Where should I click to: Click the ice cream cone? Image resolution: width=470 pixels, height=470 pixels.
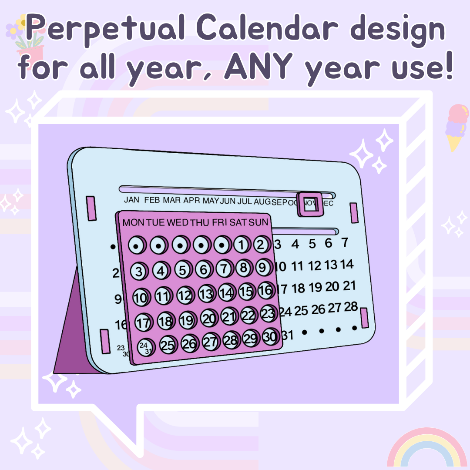click(x=455, y=127)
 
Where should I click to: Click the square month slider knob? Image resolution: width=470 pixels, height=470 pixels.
click(x=309, y=204)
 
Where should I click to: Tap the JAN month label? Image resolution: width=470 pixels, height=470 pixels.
click(x=131, y=200)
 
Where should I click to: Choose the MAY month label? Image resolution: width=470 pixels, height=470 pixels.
click(x=211, y=201)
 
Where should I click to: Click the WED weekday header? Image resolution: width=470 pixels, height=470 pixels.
click(x=178, y=223)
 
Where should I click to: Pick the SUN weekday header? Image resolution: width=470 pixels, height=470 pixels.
click(x=258, y=223)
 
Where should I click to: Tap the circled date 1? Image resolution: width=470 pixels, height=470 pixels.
click(x=242, y=245)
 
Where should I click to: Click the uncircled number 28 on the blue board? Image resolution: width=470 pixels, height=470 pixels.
click(x=350, y=307)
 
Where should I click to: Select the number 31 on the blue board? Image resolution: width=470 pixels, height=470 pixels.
click(x=287, y=335)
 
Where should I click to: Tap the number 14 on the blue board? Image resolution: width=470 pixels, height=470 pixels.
click(x=346, y=264)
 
